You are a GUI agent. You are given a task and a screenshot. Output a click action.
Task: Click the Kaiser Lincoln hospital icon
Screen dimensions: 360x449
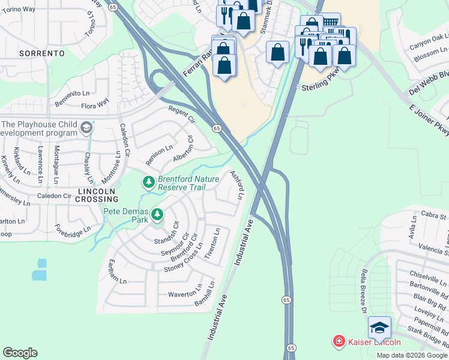339,342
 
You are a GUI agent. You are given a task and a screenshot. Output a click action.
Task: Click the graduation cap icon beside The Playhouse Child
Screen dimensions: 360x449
86,128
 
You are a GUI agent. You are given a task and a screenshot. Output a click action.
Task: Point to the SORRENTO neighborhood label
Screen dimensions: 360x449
42,53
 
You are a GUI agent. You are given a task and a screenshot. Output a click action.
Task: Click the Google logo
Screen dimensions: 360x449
20,353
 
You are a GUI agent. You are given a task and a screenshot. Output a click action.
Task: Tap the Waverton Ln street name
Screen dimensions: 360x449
185,294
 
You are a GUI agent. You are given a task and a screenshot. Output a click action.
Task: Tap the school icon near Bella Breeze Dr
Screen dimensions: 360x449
379,328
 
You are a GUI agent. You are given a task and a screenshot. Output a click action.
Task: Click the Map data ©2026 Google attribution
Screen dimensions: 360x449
412,355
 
